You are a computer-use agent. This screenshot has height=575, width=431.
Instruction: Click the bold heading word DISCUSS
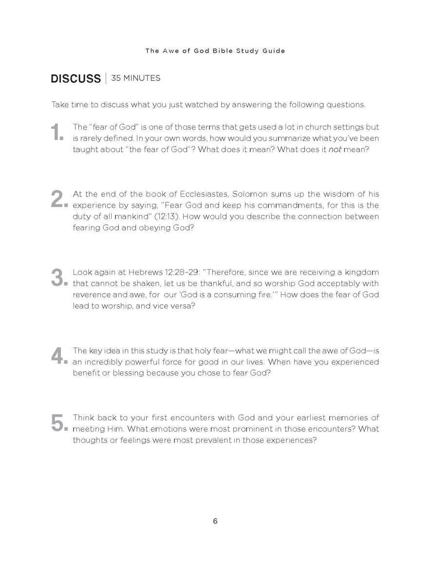(x=75, y=79)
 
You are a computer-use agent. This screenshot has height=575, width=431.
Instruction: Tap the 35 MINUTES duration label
(x=135, y=78)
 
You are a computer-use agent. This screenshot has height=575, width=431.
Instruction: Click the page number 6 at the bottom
(x=215, y=521)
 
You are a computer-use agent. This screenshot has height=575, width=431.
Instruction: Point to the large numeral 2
(x=57, y=199)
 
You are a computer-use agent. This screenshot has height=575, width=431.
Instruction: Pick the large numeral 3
(x=57, y=277)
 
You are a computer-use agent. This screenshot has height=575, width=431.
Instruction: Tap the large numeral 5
(x=57, y=422)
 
